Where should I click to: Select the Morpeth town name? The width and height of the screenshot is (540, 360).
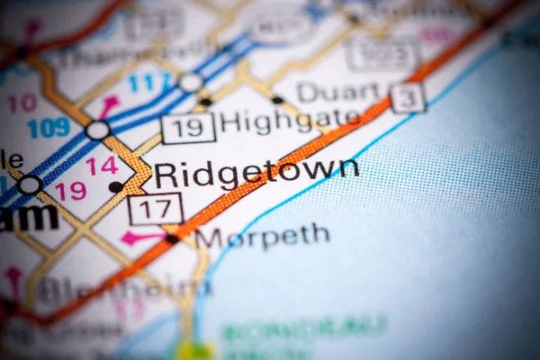(x=262, y=237)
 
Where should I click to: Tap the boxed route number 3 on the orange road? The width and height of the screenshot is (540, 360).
(x=407, y=98)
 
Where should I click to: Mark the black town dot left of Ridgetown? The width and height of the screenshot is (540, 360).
(x=115, y=187)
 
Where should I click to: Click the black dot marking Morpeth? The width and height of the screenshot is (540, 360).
(x=172, y=239)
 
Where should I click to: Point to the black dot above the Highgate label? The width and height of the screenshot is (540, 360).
(x=206, y=102)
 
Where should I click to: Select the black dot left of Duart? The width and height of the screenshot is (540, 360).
(x=277, y=100)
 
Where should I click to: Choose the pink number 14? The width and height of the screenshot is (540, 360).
(x=102, y=166)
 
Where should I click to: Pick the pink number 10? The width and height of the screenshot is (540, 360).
(x=22, y=103)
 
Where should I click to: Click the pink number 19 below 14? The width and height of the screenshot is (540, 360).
(x=70, y=190)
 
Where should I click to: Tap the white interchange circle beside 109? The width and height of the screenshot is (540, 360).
(x=97, y=130)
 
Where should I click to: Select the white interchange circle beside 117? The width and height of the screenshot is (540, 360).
(x=190, y=83)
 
